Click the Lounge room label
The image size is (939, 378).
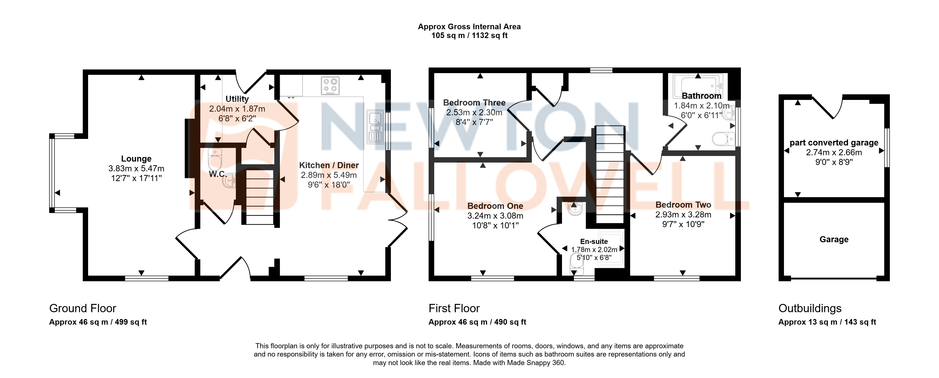[x=136, y=159]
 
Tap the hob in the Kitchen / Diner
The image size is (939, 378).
[x=330, y=86]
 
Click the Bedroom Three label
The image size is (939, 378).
[x=474, y=103]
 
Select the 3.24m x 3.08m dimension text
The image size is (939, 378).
[x=495, y=216]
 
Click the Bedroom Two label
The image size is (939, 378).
[x=683, y=205]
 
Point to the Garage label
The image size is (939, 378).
[x=834, y=239]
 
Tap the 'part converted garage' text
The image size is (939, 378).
[x=834, y=143]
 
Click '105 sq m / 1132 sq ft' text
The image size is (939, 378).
[x=469, y=35]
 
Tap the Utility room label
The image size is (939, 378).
[x=237, y=99]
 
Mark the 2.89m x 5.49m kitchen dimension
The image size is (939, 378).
[x=329, y=175]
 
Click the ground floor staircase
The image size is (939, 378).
[x=259, y=197]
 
